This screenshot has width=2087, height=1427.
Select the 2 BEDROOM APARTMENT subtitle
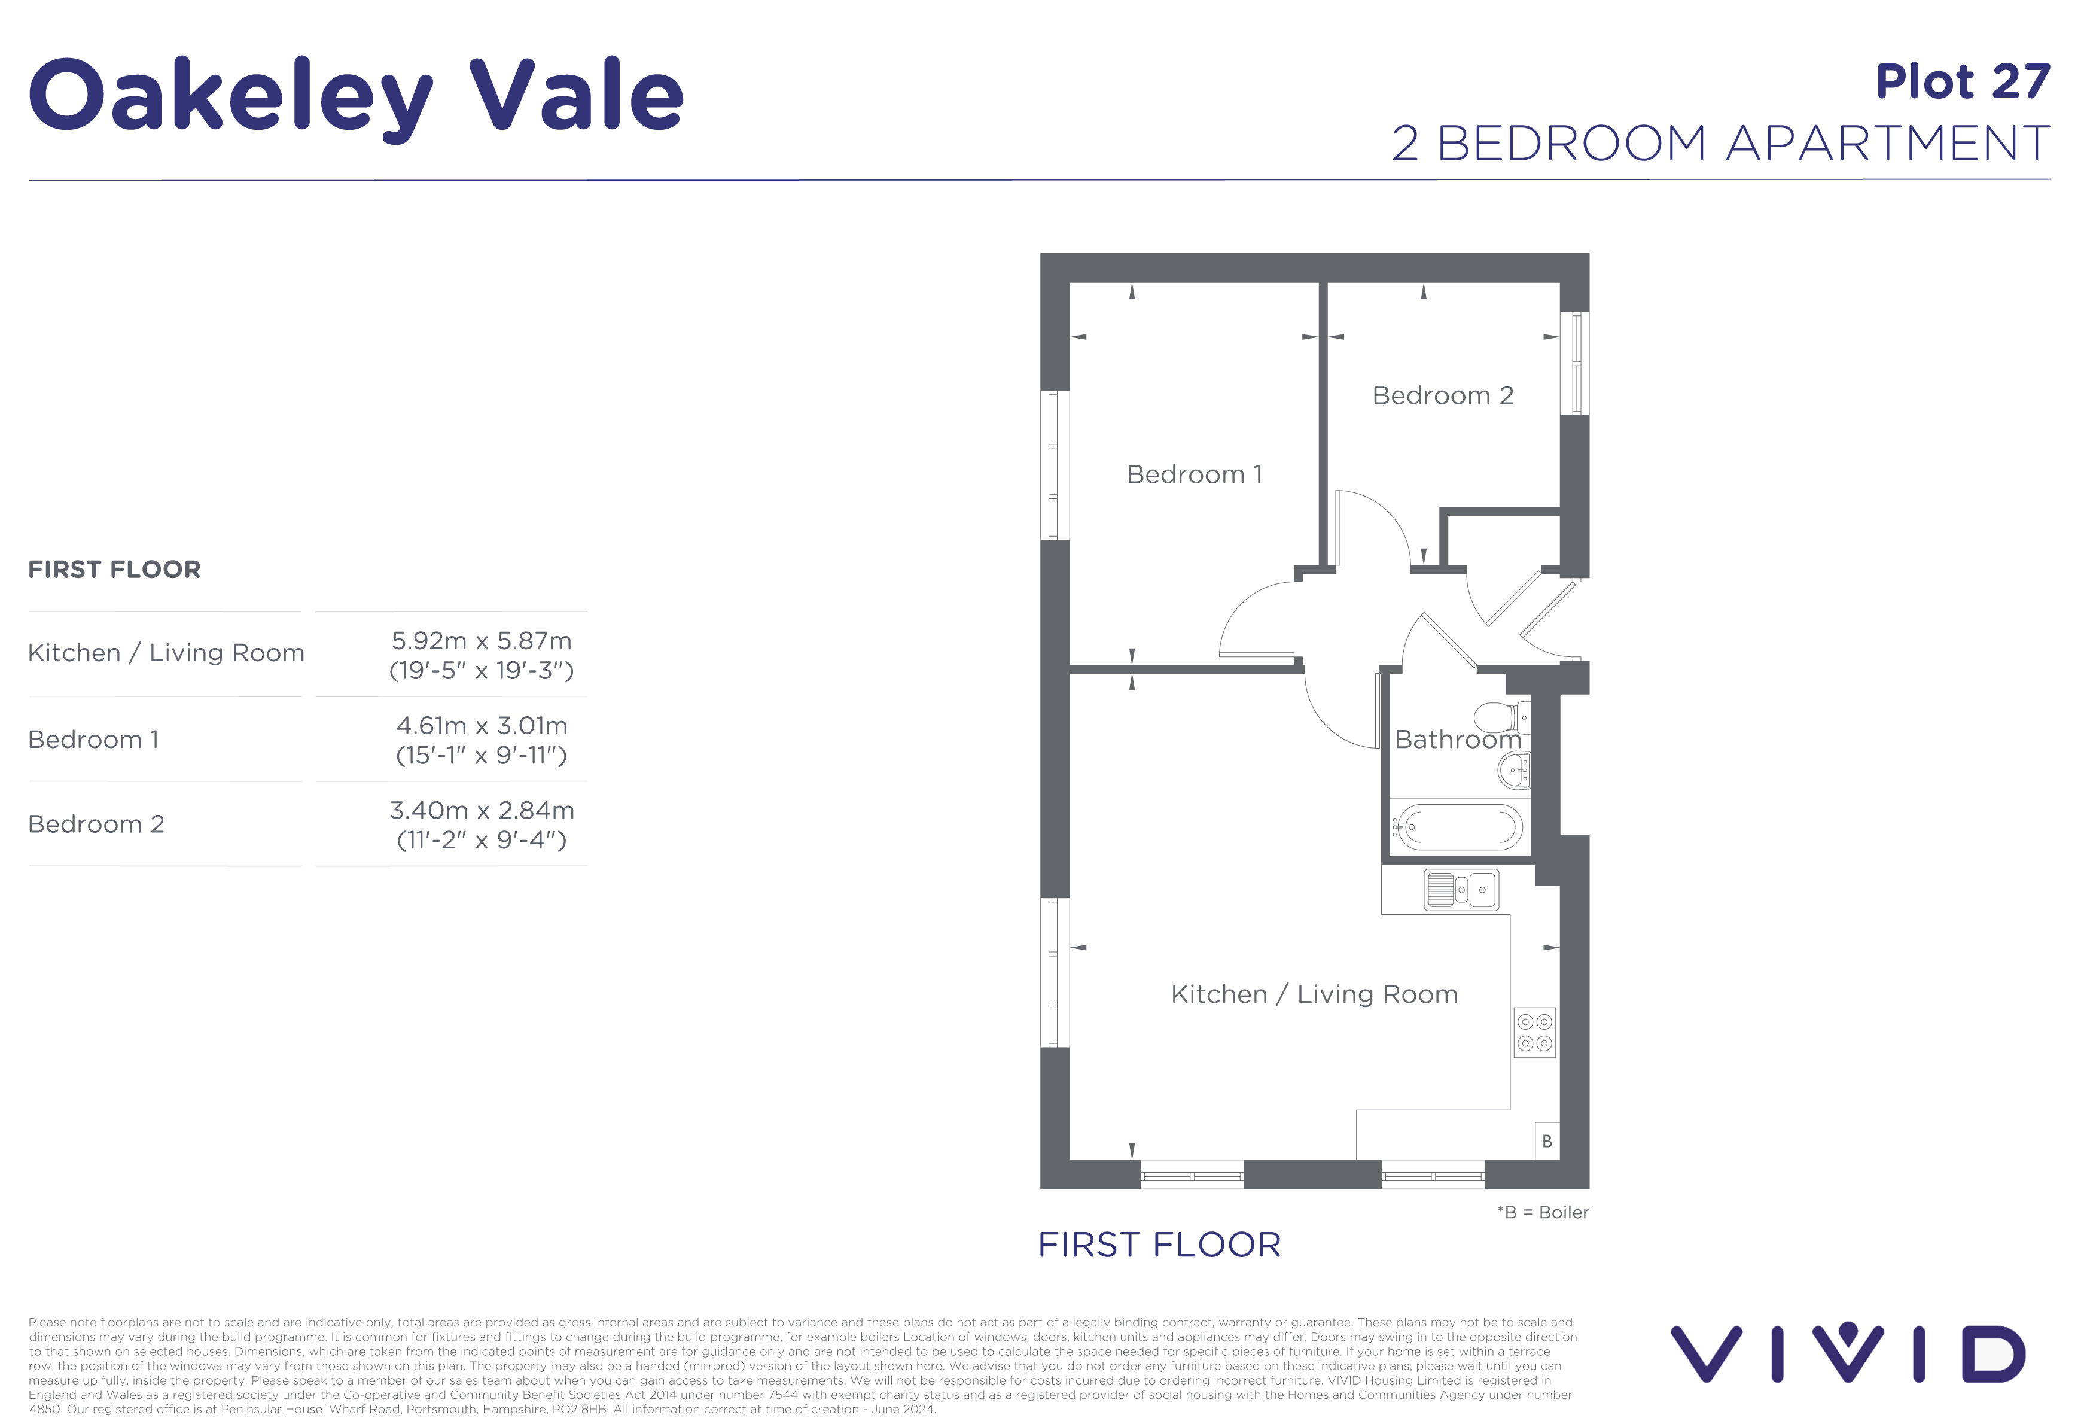(x=1720, y=144)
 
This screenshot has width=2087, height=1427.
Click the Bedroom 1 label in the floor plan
(x=1193, y=474)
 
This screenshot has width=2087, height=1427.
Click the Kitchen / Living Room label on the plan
(x=1314, y=994)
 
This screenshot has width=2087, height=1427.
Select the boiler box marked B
(x=1546, y=1140)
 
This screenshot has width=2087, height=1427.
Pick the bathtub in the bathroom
(x=1460, y=826)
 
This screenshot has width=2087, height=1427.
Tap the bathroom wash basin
(x=1514, y=769)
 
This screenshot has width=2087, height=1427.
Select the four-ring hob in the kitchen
(x=1534, y=1033)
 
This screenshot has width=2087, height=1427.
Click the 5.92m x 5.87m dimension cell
(x=482, y=655)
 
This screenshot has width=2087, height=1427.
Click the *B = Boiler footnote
(x=1543, y=1212)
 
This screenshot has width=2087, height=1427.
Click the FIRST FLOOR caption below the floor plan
(x=1159, y=1245)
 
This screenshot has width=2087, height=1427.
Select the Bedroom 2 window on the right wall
(x=1574, y=363)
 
